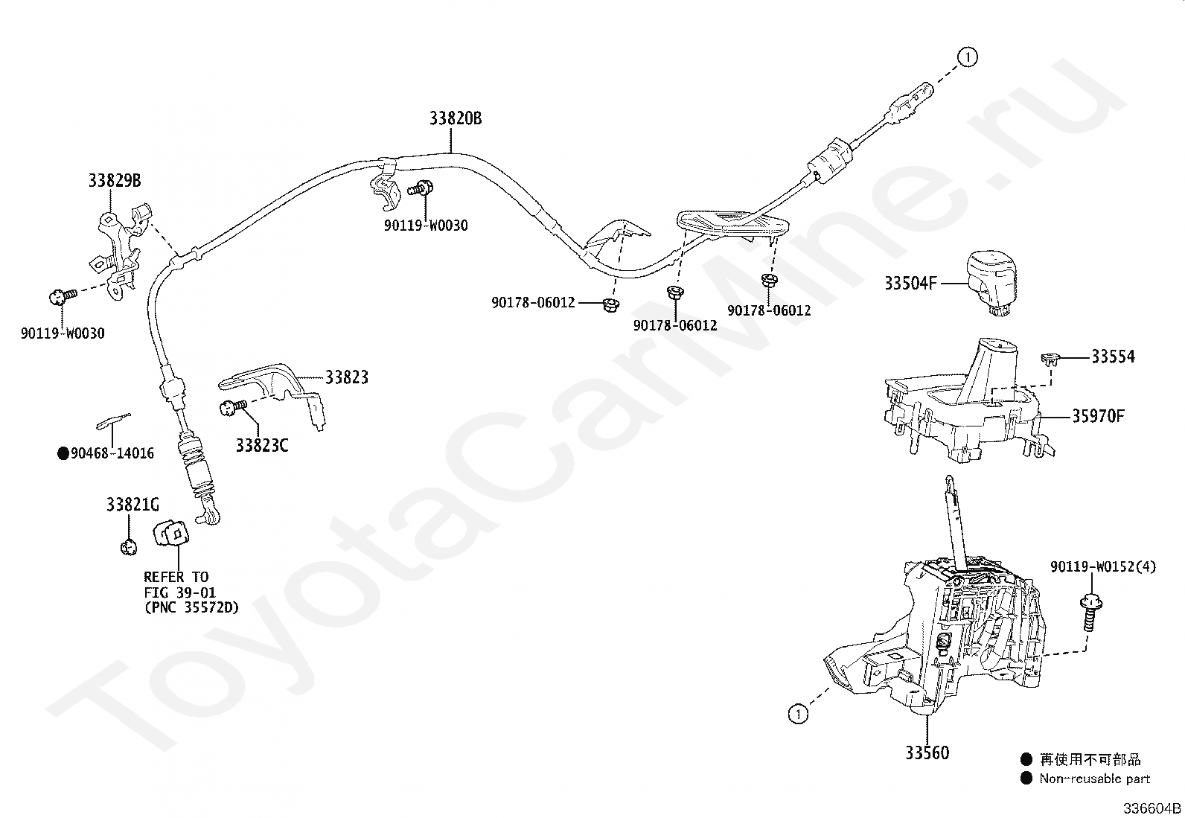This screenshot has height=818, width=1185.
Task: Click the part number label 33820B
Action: [455, 118]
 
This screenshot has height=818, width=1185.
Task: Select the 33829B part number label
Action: [114, 180]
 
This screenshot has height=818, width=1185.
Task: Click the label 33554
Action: [1113, 357]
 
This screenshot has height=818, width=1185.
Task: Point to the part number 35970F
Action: [1098, 416]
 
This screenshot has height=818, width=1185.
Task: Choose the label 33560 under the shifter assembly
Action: [927, 753]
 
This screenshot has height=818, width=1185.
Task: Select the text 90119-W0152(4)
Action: [1103, 566]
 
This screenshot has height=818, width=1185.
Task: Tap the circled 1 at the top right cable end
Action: [967, 57]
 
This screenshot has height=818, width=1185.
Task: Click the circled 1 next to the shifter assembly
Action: [797, 715]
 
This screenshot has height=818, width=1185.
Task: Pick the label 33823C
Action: [262, 445]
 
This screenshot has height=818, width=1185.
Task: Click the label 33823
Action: [346, 377]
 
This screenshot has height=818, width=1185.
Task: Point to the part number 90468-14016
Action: [112, 453]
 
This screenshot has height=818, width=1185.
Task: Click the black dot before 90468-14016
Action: [63, 453]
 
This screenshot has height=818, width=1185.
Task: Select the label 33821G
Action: [132, 505]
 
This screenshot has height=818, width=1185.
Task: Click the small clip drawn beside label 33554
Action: [1049, 360]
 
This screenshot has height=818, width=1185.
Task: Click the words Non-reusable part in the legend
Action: [1095, 779]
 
